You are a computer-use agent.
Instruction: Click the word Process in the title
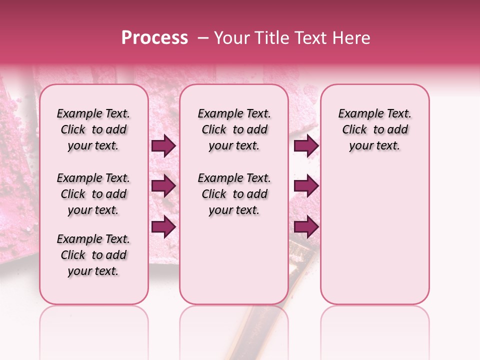pos(154,38)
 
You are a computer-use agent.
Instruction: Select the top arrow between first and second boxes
pos(163,145)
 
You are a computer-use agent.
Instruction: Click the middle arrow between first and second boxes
pos(163,186)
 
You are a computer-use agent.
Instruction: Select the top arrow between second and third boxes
pos(306,145)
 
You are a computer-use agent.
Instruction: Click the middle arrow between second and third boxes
pos(306,186)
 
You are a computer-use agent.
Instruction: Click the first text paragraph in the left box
pos(93,129)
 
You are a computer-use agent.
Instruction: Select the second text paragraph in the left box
pos(93,194)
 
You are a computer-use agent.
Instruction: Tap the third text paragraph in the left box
pos(93,255)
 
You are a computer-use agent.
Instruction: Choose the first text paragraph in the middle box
pos(234,129)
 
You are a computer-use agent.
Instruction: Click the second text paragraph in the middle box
pos(234,194)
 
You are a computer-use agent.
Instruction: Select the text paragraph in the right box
pos(374,129)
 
